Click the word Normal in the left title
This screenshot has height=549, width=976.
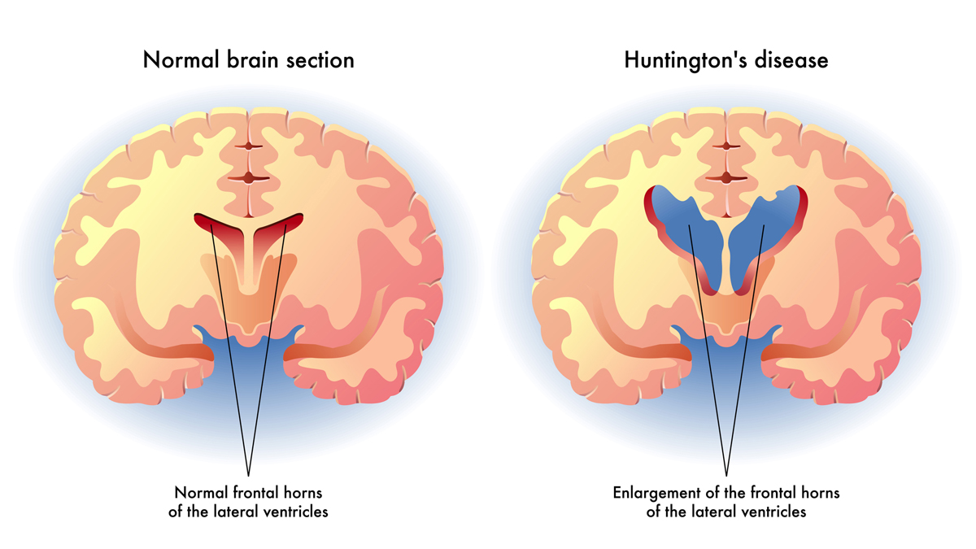[x=181, y=60]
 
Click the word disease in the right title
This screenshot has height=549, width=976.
[x=791, y=60]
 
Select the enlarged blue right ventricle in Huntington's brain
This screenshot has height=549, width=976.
[x=765, y=231]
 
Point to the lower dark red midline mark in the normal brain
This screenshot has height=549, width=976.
[x=248, y=178]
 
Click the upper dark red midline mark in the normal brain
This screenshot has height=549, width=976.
[x=248, y=146]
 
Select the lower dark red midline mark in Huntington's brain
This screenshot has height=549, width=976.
[x=725, y=178]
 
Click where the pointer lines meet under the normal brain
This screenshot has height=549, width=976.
[x=248, y=476]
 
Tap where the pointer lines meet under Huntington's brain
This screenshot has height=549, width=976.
[x=726, y=476]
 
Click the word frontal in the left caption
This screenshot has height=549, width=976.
[x=255, y=493]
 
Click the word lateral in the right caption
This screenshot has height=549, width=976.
[x=708, y=512]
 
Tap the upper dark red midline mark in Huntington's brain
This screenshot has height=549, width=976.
[x=725, y=146]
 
